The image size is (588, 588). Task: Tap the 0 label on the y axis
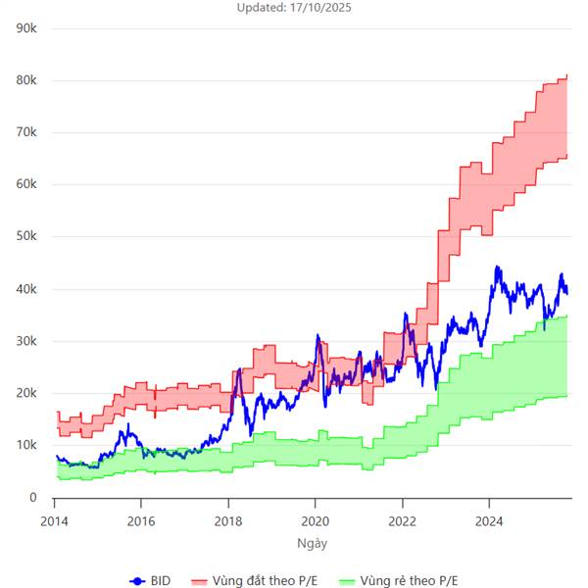pos(33,498)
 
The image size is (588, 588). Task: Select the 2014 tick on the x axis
pos(55,520)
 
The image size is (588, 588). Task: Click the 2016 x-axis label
pos(142,520)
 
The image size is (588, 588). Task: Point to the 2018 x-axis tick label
pos(228,520)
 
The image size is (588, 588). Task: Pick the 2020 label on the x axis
pos(316,520)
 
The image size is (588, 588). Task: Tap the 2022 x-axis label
pos(403,520)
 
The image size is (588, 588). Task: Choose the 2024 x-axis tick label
pos(489,520)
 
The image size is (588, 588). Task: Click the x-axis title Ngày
pos(313,541)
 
